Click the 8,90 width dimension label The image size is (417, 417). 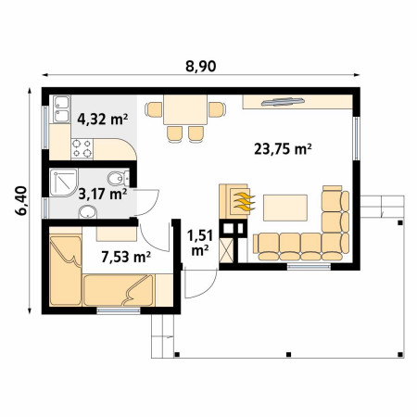[x=200, y=66]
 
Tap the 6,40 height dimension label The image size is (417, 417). [x=20, y=201]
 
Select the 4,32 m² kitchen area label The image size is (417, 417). [x=103, y=119]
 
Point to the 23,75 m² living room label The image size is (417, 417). [x=283, y=149]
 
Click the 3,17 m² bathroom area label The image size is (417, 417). [x=103, y=195]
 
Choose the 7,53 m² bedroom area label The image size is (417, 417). [x=126, y=257]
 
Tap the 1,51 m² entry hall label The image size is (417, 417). [x=200, y=243]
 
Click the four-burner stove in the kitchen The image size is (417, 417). [x=82, y=149]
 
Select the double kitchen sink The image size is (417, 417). [x=61, y=109]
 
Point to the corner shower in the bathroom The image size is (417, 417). [x=63, y=183]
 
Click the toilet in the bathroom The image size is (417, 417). [x=119, y=178]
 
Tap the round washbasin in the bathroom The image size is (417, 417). [x=88, y=212]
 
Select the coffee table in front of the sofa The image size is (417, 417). [x=285, y=208]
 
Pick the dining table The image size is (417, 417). [x=185, y=109]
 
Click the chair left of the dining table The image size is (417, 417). [x=154, y=109]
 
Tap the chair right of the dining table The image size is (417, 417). [x=217, y=109]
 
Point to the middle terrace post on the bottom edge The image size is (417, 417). [x=288, y=354]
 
